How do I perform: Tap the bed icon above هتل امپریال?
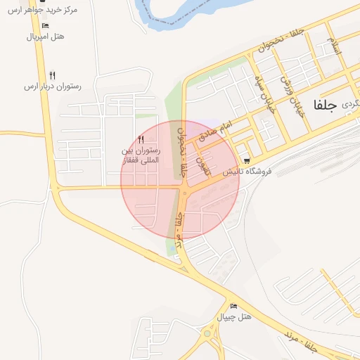pyautogui.click(x=46, y=25)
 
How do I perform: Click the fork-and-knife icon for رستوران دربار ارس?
pyautogui.click(x=53, y=75)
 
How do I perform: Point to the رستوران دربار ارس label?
pyautogui.click(x=53, y=86)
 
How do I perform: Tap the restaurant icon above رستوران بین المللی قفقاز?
pyautogui.click(x=141, y=139)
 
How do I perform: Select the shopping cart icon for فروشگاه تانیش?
pyautogui.click(x=245, y=160)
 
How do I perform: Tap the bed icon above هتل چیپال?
pyautogui.click(x=233, y=306)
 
